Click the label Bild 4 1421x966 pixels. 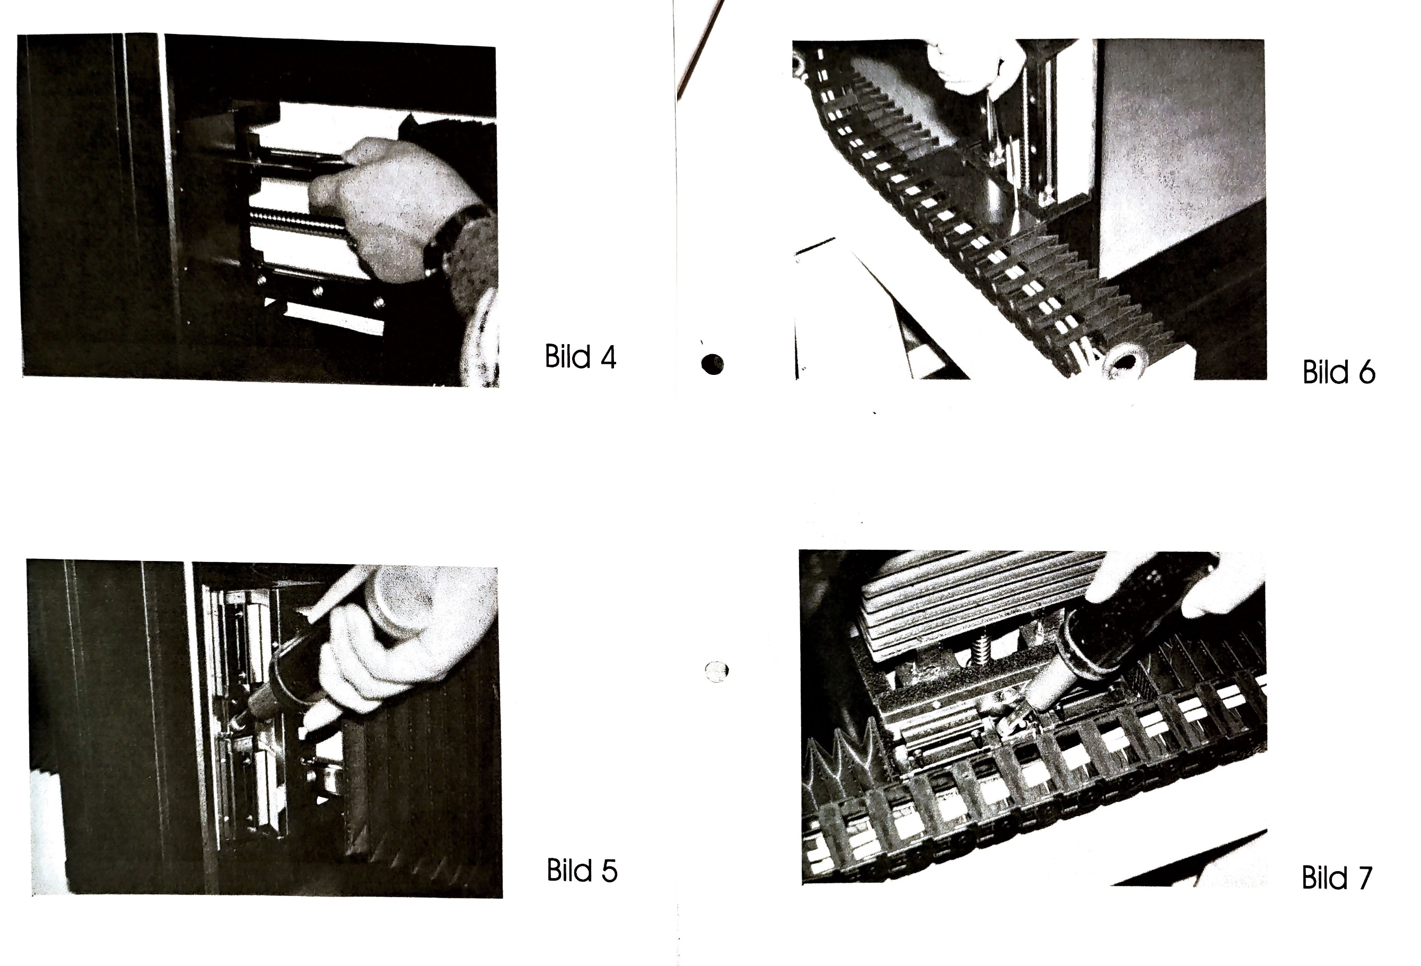coord(580,356)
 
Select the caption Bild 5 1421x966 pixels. coord(582,871)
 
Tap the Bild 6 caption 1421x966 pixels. coord(1339,372)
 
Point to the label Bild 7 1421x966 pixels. coord(1337,878)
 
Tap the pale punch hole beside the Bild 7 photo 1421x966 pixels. coord(717,671)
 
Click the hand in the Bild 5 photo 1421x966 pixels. coord(398,642)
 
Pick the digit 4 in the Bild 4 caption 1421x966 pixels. coord(608,357)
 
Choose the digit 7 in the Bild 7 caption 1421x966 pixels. coord(1365,879)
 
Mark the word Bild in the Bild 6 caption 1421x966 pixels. coord(1325,372)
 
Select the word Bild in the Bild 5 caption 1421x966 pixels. coord(568,871)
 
